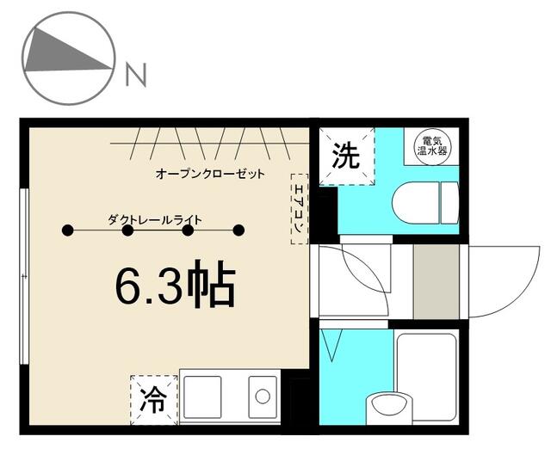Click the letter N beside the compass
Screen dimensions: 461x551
click(136, 76)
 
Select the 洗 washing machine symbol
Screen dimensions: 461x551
click(346, 157)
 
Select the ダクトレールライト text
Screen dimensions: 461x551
click(155, 219)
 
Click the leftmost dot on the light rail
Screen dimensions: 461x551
click(67, 230)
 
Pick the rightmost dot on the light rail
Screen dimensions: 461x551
click(239, 230)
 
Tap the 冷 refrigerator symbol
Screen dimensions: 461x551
click(152, 399)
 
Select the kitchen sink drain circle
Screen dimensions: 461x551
click(263, 396)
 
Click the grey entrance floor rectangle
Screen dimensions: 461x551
click(437, 282)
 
